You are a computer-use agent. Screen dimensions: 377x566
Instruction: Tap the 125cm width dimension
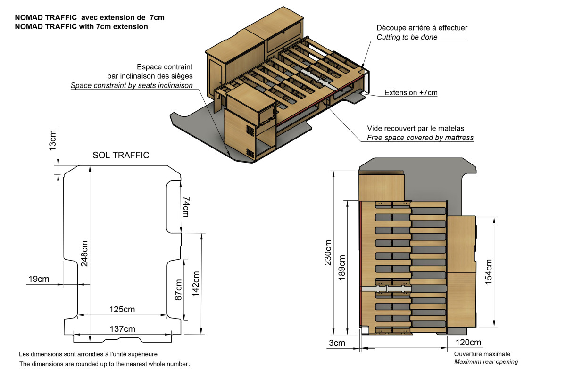click(122, 310)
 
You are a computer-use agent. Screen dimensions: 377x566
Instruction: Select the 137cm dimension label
click(122, 328)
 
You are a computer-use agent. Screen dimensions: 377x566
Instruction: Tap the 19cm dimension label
click(38, 279)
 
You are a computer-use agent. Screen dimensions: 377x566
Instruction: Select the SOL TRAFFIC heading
click(121, 155)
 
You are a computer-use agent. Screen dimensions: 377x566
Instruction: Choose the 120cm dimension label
click(468, 343)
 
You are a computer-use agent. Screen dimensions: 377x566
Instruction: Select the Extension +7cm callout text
click(411, 93)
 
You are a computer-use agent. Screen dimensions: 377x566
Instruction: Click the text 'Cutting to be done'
click(407, 37)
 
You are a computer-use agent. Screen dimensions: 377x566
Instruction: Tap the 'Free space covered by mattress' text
click(420, 138)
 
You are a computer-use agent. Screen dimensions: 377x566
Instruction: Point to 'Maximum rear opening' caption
click(486, 361)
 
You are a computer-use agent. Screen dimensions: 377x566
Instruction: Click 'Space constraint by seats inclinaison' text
click(132, 85)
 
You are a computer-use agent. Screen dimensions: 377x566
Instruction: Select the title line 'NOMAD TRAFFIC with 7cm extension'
click(82, 27)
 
